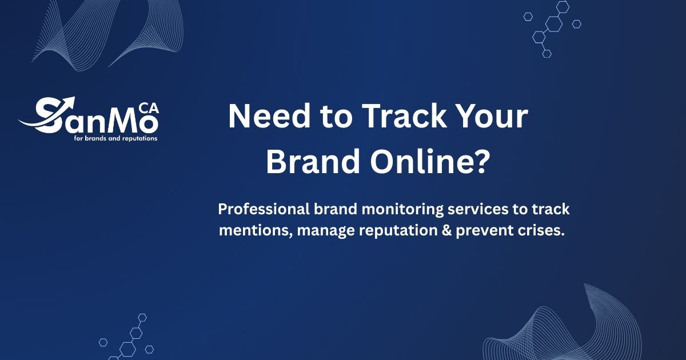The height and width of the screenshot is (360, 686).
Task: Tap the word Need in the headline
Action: (x=269, y=117)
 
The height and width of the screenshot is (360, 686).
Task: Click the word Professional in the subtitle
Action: (x=264, y=210)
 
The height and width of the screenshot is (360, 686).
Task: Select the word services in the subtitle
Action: (x=478, y=210)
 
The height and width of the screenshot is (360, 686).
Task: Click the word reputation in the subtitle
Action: (x=398, y=231)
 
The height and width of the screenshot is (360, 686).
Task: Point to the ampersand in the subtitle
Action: (x=446, y=230)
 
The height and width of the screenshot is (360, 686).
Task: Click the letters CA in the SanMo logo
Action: (x=149, y=109)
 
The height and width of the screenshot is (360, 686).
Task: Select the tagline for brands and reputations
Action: (x=115, y=138)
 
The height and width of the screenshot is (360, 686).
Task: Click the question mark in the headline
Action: (x=480, y=161)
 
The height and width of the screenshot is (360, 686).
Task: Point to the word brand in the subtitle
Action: (x=336, y=210)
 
